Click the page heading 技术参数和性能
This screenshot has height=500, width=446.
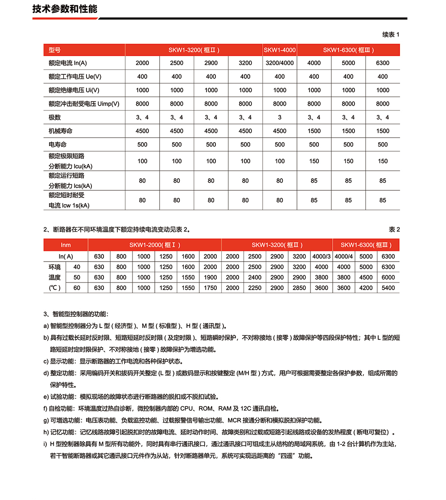coord(65,9)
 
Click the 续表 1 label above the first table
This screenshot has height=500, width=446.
coord(391,34)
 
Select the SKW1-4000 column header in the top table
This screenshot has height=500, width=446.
coord(280,50)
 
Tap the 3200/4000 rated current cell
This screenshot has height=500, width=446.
coord(280,63)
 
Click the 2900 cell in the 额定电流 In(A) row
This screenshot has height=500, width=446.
coord(211,63)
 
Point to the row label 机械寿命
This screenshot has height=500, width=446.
coord(61,131)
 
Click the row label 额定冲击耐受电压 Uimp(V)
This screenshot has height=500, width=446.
coord(84,104)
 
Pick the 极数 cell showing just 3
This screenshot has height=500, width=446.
coord(280,117)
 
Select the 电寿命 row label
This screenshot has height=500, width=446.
coord(58,144)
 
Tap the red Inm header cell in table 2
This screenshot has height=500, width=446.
coord(66,245)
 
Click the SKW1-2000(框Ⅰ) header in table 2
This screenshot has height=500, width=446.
coord(155,245)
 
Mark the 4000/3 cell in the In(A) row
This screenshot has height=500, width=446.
coord(321,256)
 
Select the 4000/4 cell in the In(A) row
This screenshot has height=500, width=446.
coord(343,256)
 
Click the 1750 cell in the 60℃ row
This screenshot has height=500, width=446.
coord(210,288)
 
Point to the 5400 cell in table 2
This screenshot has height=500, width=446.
coord(388,288)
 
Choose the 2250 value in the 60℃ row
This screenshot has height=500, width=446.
coord(255,288)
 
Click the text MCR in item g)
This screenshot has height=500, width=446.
coord(235,420)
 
